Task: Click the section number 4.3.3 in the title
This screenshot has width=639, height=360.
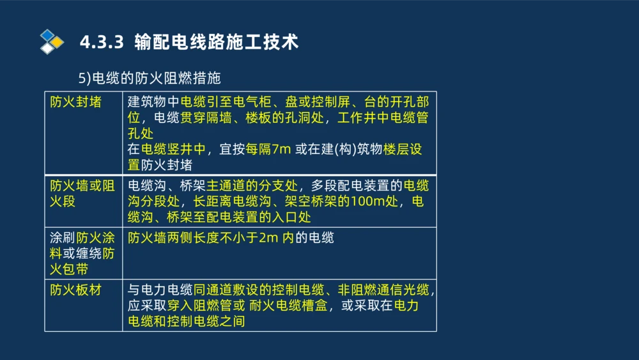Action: (x=101, y=43)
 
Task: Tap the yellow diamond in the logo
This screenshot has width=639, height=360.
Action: (x=58, y=42)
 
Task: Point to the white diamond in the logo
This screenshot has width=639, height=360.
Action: (x=47, y=48)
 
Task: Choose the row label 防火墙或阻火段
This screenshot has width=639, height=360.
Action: (x=82, y=194)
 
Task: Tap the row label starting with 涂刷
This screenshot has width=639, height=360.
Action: (x=82, y=254)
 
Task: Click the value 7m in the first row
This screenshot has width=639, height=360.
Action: (x=281, y=150)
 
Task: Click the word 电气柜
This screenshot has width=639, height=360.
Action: (x=254, y=102)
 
